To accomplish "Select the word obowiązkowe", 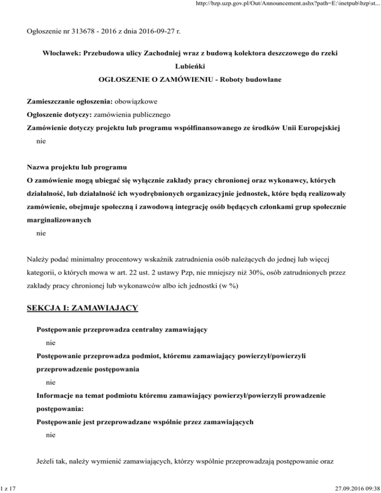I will pyautogui.click(x=136, y=102).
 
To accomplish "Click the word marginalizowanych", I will pyautogui.click(x=59, y=218).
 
